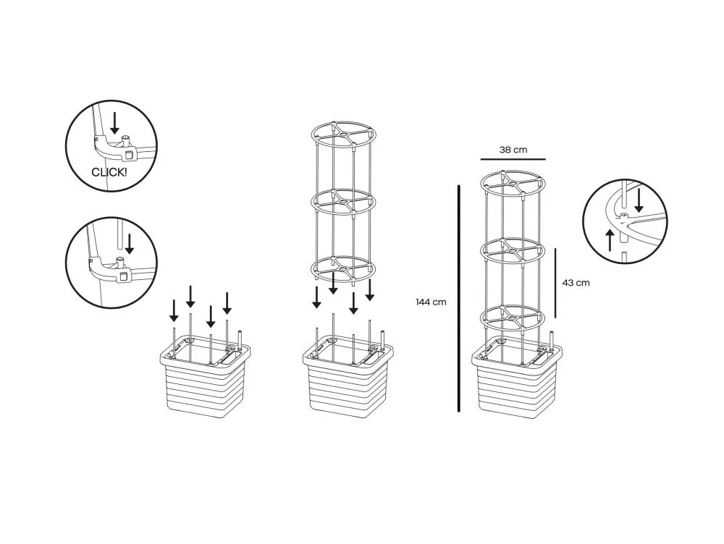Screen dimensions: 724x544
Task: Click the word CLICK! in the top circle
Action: (109, 173)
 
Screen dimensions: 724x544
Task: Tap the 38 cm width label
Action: (513, 150)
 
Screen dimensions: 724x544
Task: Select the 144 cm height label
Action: (431, 302)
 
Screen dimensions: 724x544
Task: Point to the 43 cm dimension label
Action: (576, 282)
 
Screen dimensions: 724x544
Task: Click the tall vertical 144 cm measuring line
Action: (459, 298)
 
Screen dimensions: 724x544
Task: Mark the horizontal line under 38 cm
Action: (513, 159)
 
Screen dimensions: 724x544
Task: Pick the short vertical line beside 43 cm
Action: (555, 283)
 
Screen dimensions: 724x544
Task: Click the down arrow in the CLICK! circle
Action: (114, 123)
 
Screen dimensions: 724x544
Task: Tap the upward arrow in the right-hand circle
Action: (610, 240)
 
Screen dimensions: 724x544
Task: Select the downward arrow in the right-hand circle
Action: (639, 200)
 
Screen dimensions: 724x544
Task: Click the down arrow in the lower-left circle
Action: (130, 244)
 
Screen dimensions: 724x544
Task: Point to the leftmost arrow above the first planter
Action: (174, 310)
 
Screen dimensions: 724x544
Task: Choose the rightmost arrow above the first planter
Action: (227, 303)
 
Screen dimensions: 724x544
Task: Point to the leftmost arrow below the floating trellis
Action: (317, 297)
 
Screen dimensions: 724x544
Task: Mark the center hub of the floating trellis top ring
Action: (343, 134)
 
